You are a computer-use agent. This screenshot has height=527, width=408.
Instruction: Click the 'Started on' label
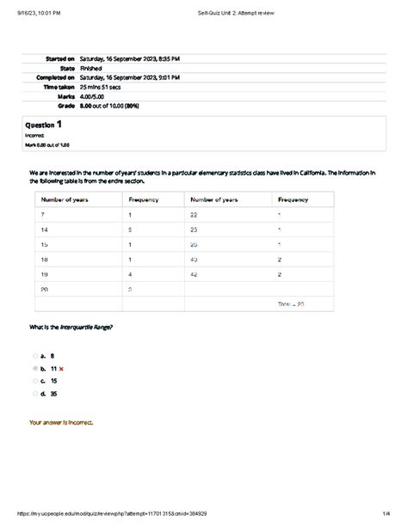(x=60, y=58)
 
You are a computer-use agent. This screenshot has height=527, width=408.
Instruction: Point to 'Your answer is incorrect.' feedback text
(x=61, y=423)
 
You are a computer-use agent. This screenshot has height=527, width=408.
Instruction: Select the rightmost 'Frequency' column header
(x=294, y=199)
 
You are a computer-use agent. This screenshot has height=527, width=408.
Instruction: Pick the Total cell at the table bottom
(x=291, y=304)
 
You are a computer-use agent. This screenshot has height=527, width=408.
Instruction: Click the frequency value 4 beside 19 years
(x=130, y=274)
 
